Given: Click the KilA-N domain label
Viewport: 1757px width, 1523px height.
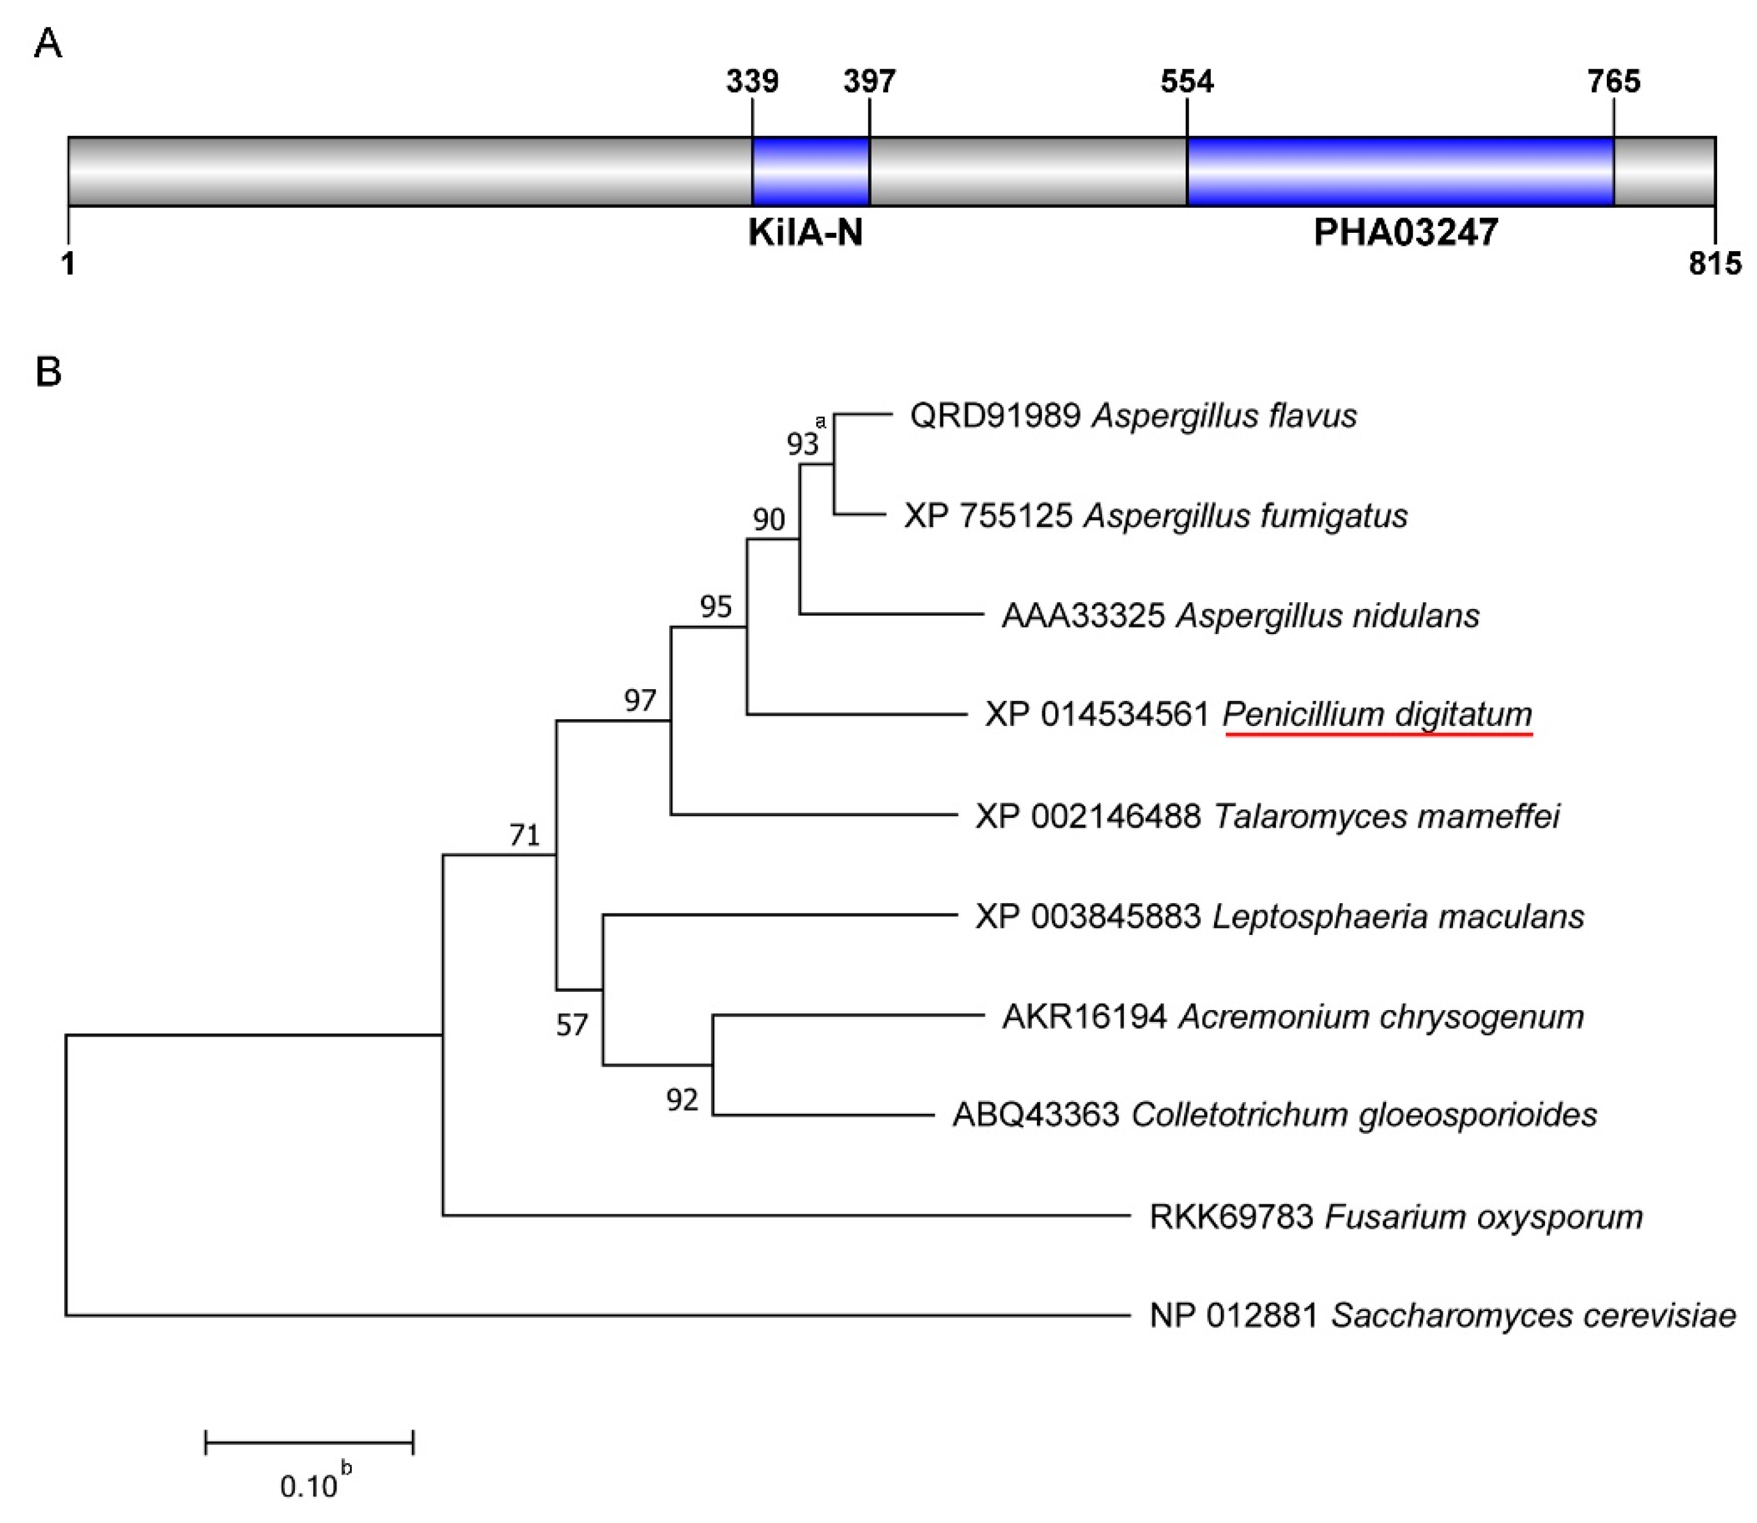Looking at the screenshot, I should [x=805, y=232].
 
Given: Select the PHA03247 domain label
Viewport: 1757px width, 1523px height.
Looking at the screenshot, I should [x=1405, y=232].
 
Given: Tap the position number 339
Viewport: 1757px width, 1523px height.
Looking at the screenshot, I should [x=753, y=81].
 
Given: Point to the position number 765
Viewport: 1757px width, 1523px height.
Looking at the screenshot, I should [x=1614, y=81].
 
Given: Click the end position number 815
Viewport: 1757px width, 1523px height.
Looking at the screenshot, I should [x=1715, y=264].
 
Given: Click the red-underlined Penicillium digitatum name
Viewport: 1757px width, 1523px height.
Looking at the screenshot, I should [x=1377, y=715].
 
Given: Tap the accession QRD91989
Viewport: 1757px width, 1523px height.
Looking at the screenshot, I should [x=995, y=415].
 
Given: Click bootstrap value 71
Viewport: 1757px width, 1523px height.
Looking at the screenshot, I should [x=525, y=836].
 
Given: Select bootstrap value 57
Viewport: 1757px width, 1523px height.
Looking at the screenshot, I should [x=571, y=1026].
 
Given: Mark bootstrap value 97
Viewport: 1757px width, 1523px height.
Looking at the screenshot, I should [x=640, y=700].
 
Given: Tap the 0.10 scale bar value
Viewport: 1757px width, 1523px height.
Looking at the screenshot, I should [x=308, y=1486].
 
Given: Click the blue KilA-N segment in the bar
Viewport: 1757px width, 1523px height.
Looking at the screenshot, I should [x=810, y=171].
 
